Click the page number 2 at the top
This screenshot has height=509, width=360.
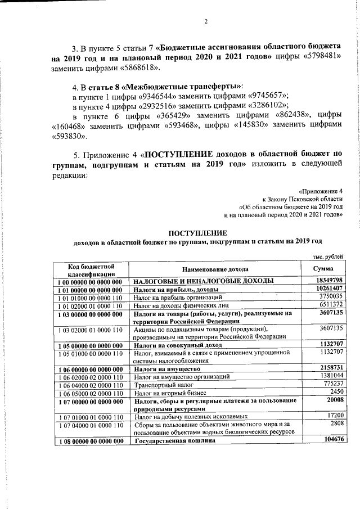(x=206, y=22)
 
